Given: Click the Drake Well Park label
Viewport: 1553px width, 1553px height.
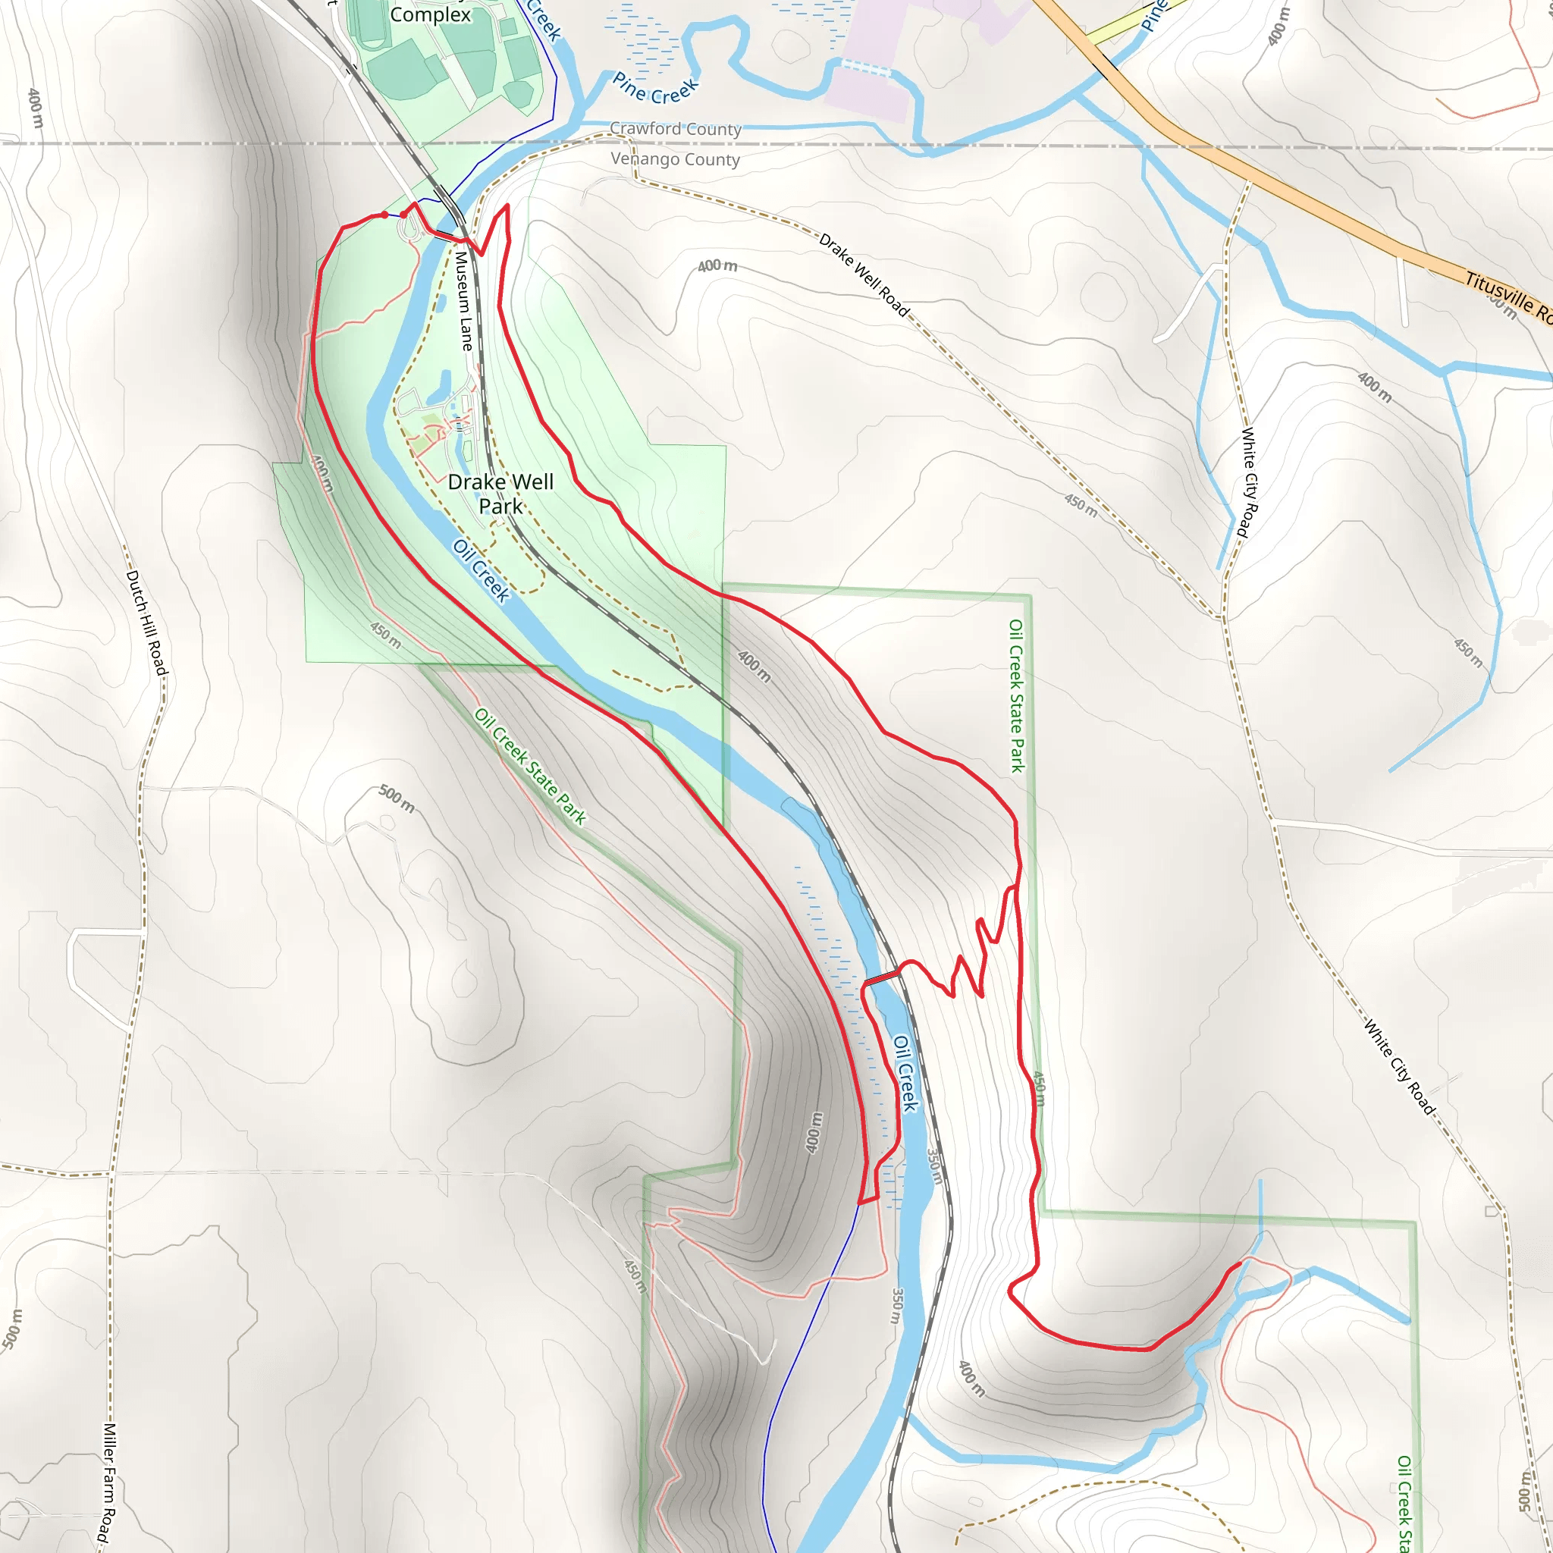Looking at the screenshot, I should coord(500,494).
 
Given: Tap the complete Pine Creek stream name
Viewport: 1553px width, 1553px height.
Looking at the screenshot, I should coord(655,89).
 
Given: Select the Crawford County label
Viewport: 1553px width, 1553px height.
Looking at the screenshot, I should coord(675,129).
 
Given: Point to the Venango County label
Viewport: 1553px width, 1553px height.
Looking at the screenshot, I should coord(675,159).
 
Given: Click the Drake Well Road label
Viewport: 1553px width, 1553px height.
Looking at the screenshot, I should coord(864,275).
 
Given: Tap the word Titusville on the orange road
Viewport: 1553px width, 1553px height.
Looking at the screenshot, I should coord(1499,294).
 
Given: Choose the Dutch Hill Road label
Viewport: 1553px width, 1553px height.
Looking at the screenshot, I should coord(147,623).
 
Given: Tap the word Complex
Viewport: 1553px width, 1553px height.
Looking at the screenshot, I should coord(430,14).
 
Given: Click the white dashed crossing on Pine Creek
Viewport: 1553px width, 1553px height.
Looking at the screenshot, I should coord(866,69).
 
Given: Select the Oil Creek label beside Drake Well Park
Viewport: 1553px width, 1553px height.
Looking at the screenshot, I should coord(481,571).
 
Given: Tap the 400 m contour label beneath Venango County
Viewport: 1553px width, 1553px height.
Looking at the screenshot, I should coord(717,265).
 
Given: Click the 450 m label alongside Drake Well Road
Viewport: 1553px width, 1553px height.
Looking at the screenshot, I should coord(1081,505).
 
